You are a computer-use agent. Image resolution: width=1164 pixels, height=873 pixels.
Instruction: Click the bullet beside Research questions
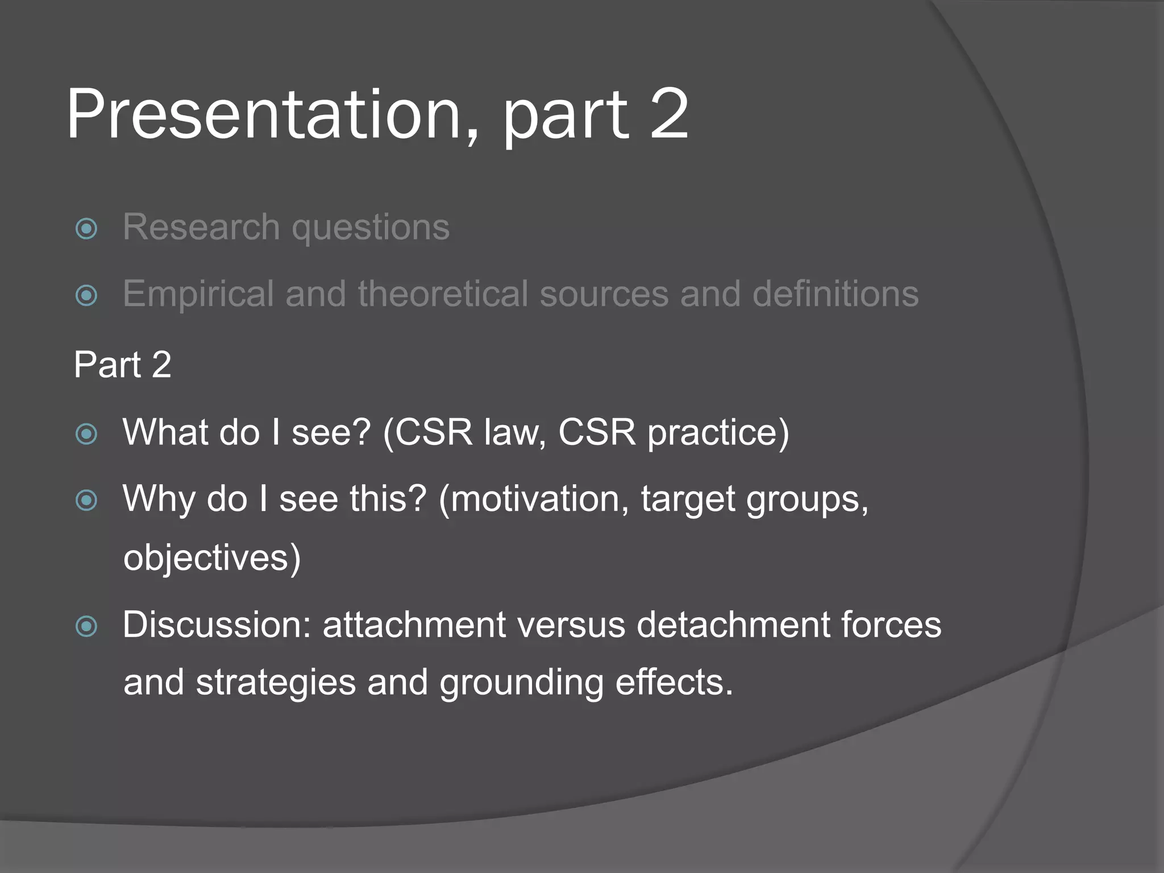86,229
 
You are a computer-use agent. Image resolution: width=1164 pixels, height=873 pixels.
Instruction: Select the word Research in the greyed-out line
201,227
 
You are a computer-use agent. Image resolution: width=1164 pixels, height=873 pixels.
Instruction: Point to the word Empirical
198,294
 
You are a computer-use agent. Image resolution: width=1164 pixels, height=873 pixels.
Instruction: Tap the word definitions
835,294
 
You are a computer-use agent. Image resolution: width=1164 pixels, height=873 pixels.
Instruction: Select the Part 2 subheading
122,364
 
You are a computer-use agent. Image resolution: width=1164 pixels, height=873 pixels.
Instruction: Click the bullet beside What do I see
86,434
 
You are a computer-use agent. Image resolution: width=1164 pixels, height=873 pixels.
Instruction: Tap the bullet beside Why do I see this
86,501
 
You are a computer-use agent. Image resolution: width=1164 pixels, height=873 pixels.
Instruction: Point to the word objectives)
211,558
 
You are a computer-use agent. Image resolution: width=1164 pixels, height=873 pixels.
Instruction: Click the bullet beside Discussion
86,626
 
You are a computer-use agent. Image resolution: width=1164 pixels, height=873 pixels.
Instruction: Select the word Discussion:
217,625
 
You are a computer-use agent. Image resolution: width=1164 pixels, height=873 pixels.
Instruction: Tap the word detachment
732,625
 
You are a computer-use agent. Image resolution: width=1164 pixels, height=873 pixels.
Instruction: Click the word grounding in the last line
521,683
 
